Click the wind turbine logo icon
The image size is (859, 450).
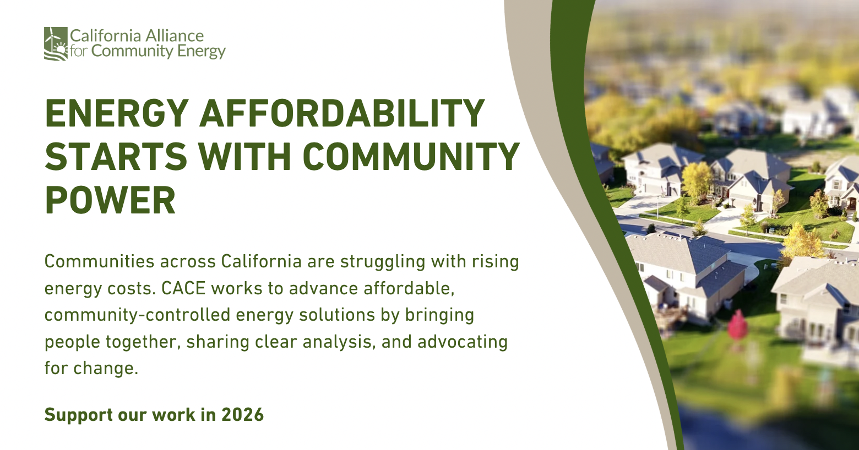[x=56, y=43]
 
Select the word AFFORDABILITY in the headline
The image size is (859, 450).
[x=342, y=113]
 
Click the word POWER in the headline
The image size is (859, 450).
[x=111, y=200]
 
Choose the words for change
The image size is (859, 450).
[x=91, y=369]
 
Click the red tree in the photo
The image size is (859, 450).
[x=737, y=326]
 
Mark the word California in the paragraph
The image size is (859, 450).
[x=261, y=262]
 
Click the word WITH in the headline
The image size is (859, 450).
[x=244, y=157]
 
